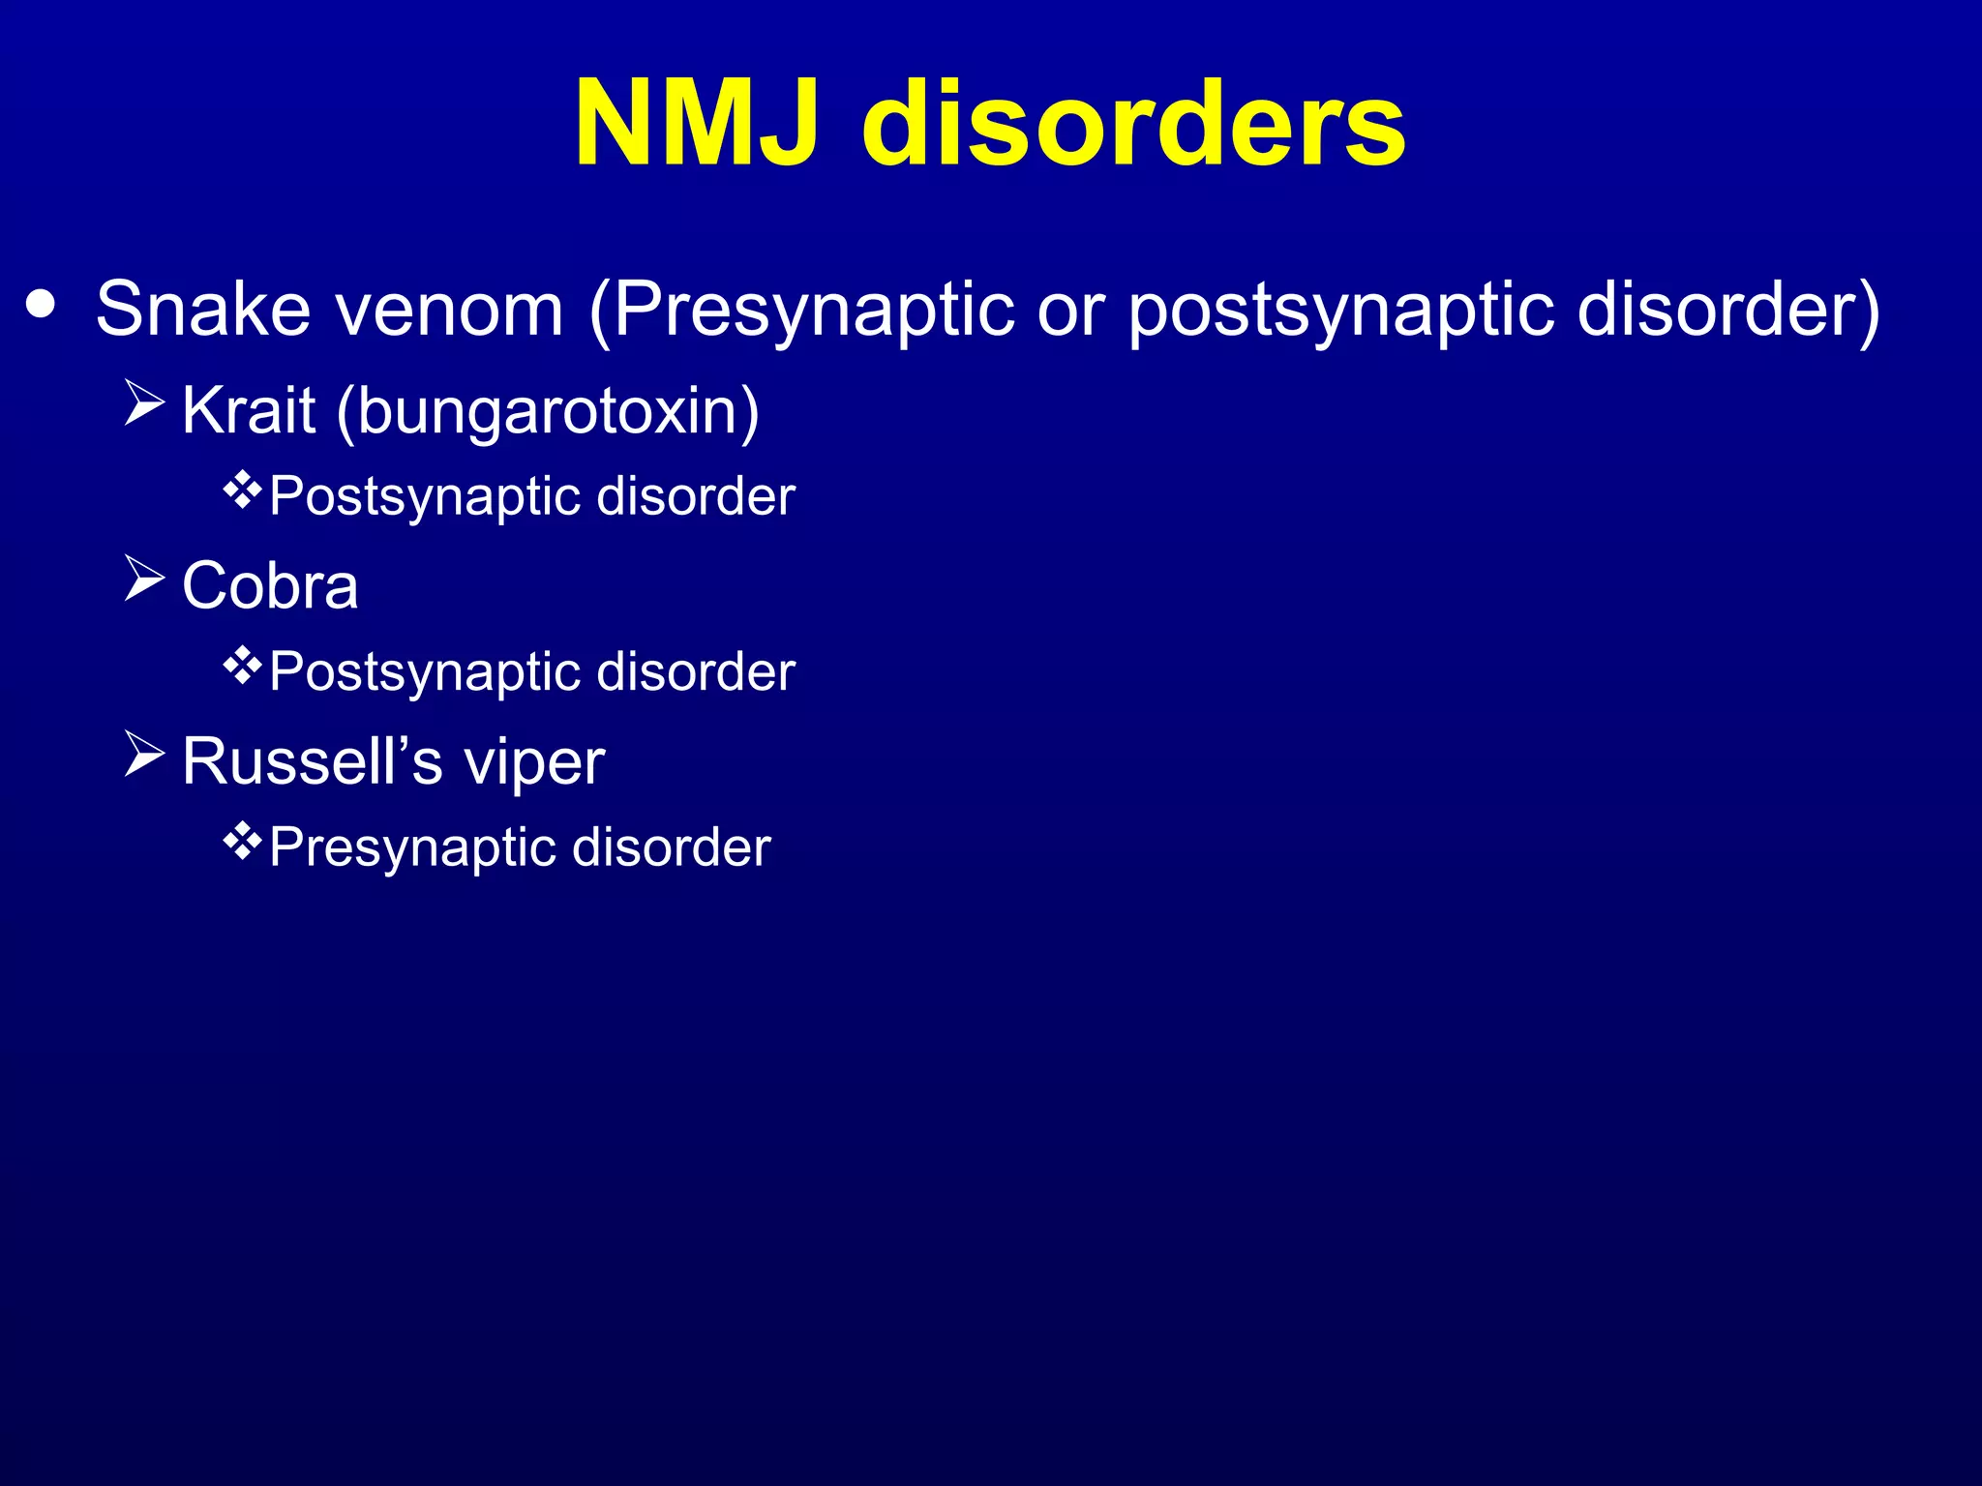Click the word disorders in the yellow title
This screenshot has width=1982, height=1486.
(1133, 125)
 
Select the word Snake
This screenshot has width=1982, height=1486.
(203, 310)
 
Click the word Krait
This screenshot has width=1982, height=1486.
(249, 410)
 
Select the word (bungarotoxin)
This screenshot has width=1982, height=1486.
(548, 412)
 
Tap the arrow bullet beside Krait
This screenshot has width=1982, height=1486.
(144, 404)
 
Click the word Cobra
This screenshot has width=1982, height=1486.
(270, 586)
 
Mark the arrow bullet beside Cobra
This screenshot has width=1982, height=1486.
(144, 580)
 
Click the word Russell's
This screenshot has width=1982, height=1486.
(312, 761)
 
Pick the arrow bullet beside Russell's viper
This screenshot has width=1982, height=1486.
(144, 755)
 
